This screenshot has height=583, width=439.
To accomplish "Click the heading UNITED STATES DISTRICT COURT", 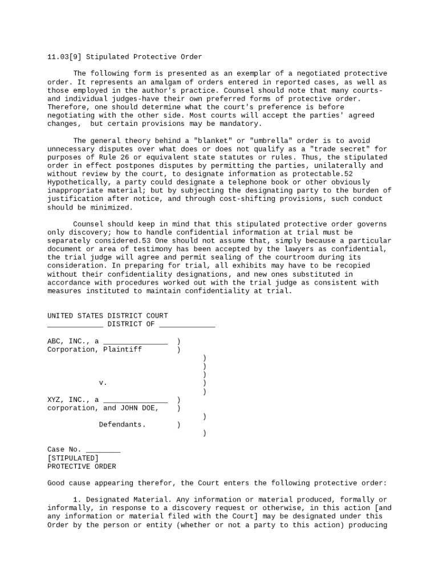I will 107,316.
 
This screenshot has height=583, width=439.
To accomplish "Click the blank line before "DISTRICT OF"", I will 75,325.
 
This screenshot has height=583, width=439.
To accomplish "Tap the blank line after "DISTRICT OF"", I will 187,325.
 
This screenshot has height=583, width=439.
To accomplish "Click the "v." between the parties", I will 103,383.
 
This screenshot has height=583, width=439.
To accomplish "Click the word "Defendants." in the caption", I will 122,425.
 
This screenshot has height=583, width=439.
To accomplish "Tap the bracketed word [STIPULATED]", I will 72,458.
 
